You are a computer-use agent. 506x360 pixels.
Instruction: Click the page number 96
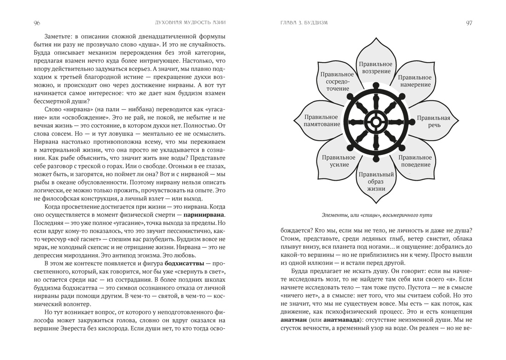(37, 23)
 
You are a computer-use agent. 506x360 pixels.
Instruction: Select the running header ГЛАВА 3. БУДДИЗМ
(304, 23)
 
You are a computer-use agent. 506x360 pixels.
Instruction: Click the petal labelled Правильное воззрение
(376, 68)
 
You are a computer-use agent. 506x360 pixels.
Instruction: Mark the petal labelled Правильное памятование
(322, 121)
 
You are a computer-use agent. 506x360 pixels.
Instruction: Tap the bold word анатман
(294, 320)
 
